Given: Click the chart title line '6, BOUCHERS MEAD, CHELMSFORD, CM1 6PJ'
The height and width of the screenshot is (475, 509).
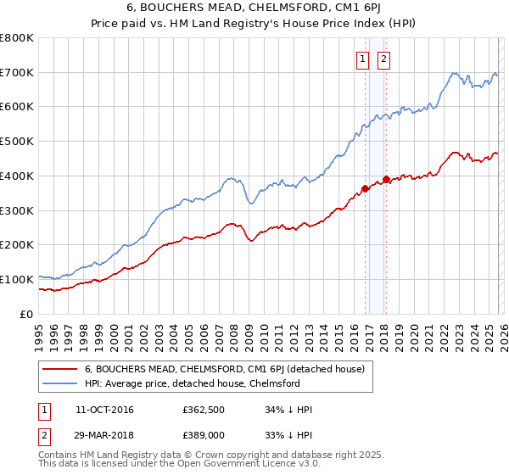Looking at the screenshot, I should point(254,9).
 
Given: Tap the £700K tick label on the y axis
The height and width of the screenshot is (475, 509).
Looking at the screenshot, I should point(17,72).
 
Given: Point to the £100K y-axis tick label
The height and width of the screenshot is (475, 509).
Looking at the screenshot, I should point(17,279).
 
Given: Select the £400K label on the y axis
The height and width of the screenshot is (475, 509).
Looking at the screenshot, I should point(17,176).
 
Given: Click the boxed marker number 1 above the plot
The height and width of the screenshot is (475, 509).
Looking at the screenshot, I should point(363,59).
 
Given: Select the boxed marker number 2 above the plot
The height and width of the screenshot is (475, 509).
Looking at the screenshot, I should point(383,59).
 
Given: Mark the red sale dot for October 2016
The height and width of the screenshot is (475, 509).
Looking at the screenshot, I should point(365,188).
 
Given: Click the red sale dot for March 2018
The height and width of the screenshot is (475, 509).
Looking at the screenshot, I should point(386,179).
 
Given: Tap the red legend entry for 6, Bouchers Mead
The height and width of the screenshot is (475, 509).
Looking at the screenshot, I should point(224,369).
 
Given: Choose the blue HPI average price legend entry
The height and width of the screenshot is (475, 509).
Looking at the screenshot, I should point(192,383).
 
